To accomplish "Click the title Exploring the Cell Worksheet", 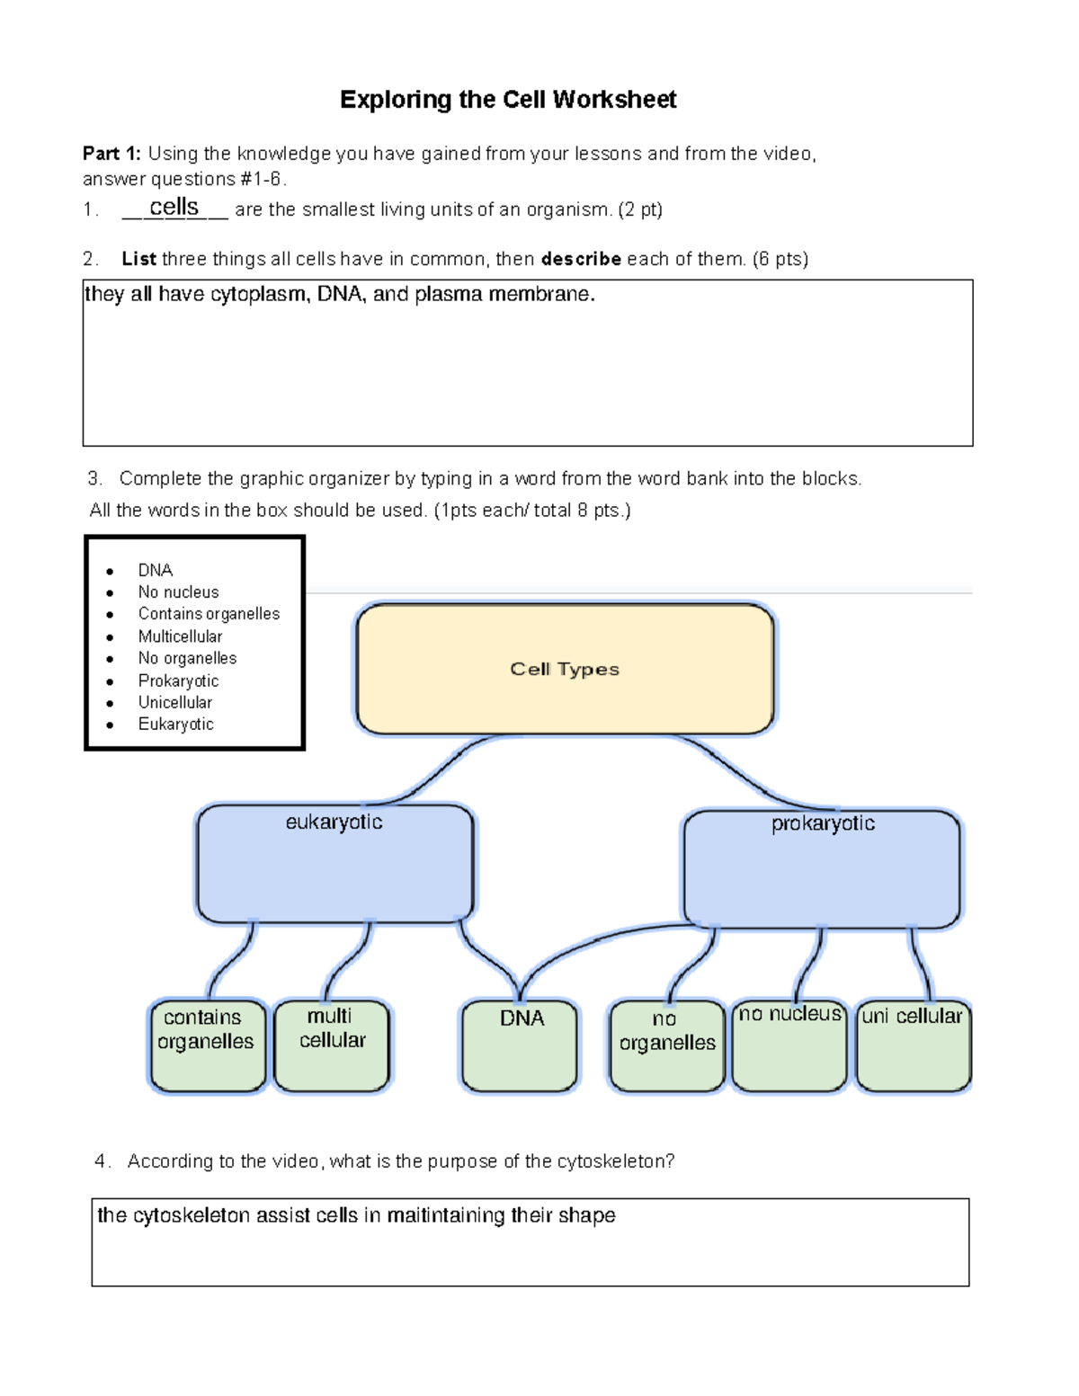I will pos(508,100).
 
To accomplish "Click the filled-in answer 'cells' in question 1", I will pos(174,207).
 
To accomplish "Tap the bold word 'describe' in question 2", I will pos(581,259).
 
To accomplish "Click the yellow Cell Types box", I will pos(565,669).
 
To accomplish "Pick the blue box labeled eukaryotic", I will pos(334,863).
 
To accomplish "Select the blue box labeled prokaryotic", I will pos(822,868).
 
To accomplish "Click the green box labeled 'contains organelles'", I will pos(207,1045).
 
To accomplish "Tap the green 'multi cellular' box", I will pos(332,1045).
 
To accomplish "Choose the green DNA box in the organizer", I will pos(520,1045).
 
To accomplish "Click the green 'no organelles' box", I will pos(666,1045).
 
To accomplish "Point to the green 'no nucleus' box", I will pos(789,1045).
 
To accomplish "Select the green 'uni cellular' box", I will pos(913,1045).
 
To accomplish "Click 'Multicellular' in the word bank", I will pos(180,636).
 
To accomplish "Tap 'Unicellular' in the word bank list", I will pos(175,702).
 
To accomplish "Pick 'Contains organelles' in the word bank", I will pos(209,614).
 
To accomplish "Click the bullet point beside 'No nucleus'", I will pos(110,593).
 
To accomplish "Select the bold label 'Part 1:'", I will pos(111,154).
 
